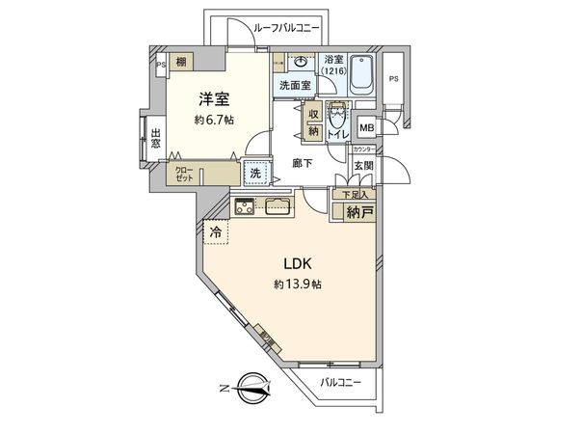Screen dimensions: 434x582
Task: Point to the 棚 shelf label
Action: click(x=181, y=61)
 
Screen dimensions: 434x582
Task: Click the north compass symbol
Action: click(x=251, y=389)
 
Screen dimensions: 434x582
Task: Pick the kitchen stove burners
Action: click(x=244, y=205)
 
